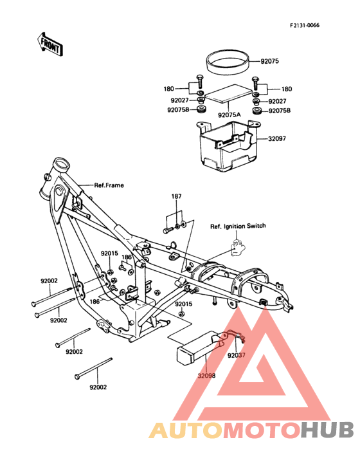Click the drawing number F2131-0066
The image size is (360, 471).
pos(304,25)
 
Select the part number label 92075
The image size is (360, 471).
pos(269,62)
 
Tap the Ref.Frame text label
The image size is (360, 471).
pos(109,185)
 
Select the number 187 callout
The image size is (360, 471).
pos(176,196)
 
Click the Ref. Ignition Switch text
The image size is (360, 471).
pos(238,226)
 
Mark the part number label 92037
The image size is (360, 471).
pos(236,355)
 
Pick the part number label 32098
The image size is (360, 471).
pos(206,375)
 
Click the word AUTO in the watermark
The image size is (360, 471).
pos(186,430)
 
